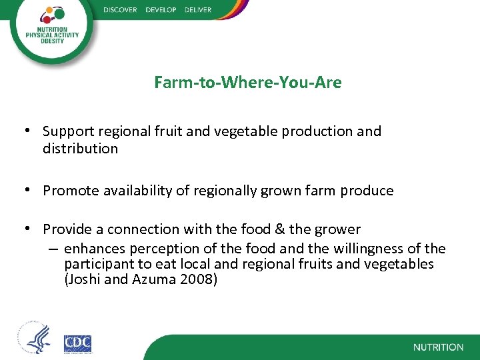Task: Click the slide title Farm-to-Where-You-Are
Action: tap(247, 83)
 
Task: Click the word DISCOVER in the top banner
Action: tap(121, 10)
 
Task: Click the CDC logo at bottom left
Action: tap(77, 344)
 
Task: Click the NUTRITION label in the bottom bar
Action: tap(438, 347)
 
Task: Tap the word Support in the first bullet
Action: tap(67, 131)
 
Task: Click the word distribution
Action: tap(80, 149)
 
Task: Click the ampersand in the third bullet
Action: tap(277, 229)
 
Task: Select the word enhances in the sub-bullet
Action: tap(93, 249)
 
